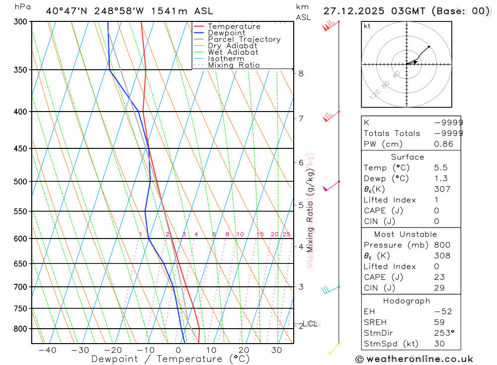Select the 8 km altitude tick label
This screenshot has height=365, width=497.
pos(301,74)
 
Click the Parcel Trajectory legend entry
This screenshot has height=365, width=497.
pos(244,39)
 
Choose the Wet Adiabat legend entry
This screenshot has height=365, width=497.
pos(233,52)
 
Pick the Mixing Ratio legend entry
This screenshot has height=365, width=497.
pos(234,65)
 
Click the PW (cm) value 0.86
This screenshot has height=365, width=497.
pos(443,144)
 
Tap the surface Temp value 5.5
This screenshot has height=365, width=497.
pos(440,168)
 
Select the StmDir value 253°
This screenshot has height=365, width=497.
pos(443,333)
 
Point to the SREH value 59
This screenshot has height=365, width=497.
pos(439,322)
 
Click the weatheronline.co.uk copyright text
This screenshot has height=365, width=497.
pos(414,359)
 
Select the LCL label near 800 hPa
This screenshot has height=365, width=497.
pos(311,324)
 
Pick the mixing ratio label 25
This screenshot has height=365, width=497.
pos(286,235)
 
